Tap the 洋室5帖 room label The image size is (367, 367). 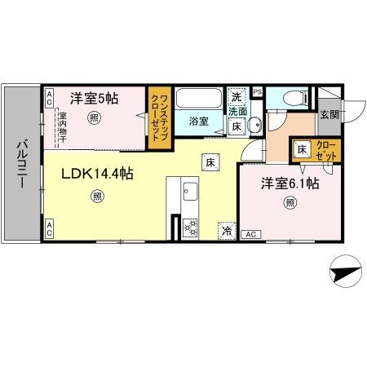93,98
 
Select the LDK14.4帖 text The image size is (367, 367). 99,173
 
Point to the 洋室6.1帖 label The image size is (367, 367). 289,183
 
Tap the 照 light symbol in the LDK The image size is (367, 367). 98,196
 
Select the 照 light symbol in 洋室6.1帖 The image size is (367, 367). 289,203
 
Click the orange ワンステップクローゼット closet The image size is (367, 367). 158,117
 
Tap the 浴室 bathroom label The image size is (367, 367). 199,121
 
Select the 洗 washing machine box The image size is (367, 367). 237,95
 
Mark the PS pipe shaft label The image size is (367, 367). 258,91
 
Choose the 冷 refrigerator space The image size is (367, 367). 227,232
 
